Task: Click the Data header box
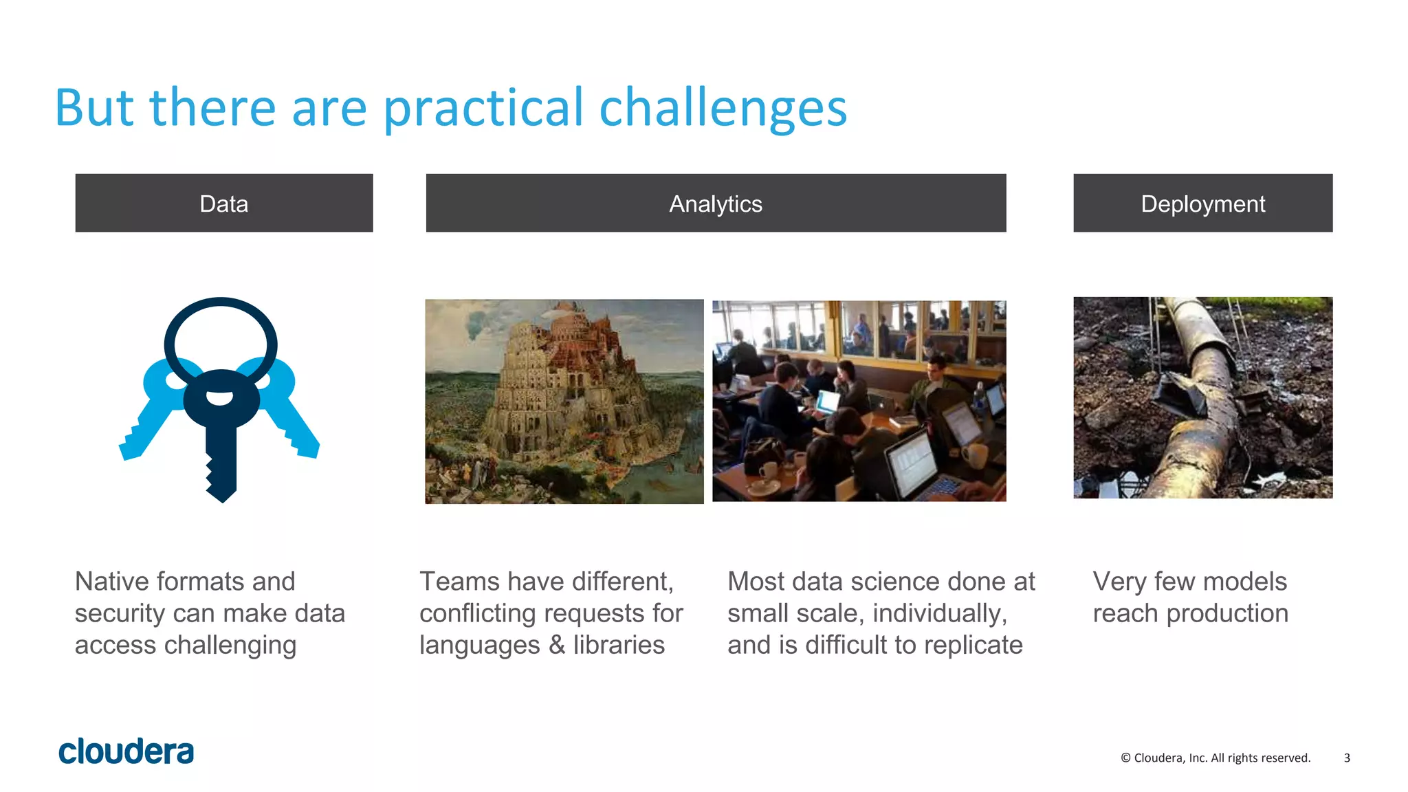224,203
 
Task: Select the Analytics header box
716,203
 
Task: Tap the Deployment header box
1202,203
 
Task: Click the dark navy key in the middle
221,440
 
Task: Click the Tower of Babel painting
564,401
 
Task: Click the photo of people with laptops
859,401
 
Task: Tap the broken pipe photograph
1202,397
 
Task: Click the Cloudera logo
126,751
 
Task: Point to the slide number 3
1347,758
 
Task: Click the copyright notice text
1215,758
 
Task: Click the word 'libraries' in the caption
619,645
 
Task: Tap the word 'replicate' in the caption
973,645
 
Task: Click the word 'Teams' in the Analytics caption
459,582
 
